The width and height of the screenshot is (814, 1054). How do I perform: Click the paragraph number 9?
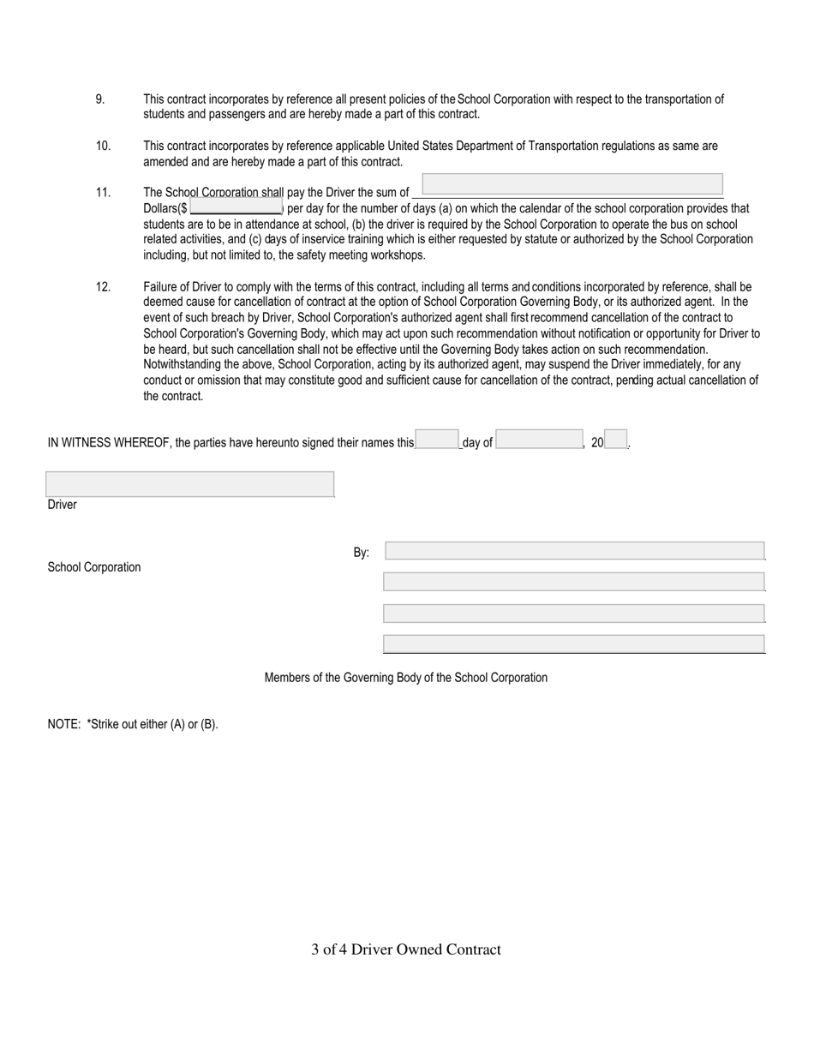[100, 99]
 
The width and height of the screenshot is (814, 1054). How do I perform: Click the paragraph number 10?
[103, 147]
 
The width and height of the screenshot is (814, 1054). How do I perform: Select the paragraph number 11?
[103, 193]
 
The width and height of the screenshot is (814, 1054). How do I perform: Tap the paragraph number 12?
[103, 287]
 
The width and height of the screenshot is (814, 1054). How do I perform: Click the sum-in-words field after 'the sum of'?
[572, 184]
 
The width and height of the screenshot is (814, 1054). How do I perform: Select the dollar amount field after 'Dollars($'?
[236, 207]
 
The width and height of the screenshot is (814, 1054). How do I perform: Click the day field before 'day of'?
[437, 440]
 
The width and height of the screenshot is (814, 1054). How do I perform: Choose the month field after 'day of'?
[540, 440]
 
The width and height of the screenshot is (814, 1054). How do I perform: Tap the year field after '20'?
[616, 440]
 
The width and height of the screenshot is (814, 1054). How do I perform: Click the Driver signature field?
[189, 484]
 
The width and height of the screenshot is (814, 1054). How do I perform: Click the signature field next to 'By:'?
[574, 551]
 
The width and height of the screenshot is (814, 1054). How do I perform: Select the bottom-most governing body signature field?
[574, 644]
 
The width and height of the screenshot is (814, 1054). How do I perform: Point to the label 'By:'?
[362, 553]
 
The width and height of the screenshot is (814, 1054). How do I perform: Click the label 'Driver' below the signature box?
[63, 505]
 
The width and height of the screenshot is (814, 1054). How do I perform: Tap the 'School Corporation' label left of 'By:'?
[94, 567]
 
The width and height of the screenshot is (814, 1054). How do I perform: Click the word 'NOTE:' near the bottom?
[64, 724]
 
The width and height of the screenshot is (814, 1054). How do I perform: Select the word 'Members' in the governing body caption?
[287, 678]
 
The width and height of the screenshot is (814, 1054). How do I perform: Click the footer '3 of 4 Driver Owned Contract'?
[406, 949]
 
